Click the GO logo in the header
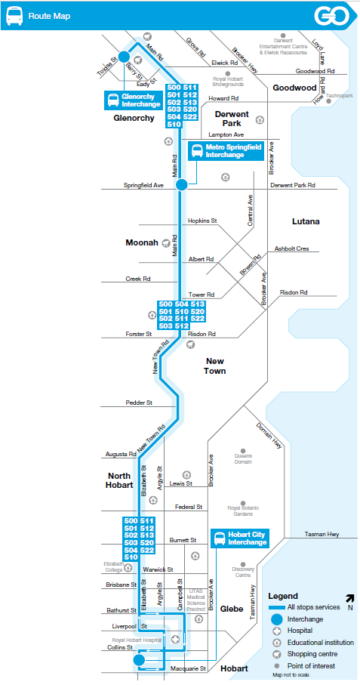[x=332, y=16]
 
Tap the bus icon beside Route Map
[x=15, y=16]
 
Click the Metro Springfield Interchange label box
[x=226, y=151]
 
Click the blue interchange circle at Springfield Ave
[x=182, y=185]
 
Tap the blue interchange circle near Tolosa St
[x=124, y=57]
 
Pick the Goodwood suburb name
[x=294, y=88]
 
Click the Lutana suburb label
[x=306, y=221]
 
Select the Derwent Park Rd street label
[x=292, y=185]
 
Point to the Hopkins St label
[x=202, y=221]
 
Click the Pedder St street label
[x=139, y=403]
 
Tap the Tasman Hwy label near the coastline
[x=322, y=534]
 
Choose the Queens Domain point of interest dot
[x=243, y=450]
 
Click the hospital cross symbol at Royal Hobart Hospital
[x=175, y=639]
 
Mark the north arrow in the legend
[x=349, y=598]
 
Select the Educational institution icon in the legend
[x=276, y=643]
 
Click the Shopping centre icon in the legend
[x=276, y=654]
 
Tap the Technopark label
[x=340, y=95]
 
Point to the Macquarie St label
[x=188, y=669]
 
